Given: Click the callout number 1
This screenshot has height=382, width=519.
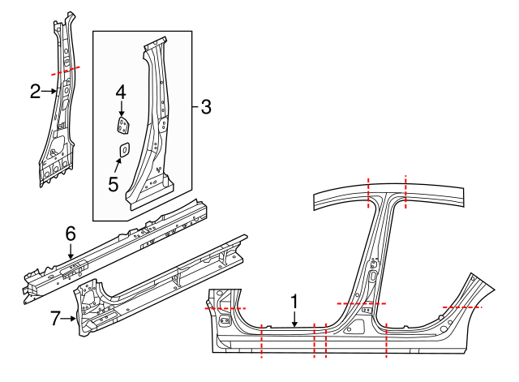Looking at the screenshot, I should coord(294,301).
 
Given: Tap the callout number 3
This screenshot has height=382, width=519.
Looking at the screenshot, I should coord(205,106).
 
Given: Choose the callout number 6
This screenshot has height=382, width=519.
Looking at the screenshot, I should coord(71,234).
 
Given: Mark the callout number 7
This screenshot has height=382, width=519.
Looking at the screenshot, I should coord(55,319).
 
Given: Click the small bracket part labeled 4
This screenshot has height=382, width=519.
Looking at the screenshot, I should coord(122,126).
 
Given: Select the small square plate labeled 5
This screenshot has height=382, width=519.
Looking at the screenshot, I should coord(124,149).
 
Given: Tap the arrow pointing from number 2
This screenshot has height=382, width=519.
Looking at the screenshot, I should coord(49,92).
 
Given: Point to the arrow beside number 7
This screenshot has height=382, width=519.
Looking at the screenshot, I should coord(71,319).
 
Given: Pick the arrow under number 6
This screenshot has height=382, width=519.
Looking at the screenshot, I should coord(71,251).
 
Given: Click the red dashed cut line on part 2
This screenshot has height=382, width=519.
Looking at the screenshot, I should coord(65,71).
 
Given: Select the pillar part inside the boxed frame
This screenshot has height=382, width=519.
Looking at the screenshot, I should coord(154,130).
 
